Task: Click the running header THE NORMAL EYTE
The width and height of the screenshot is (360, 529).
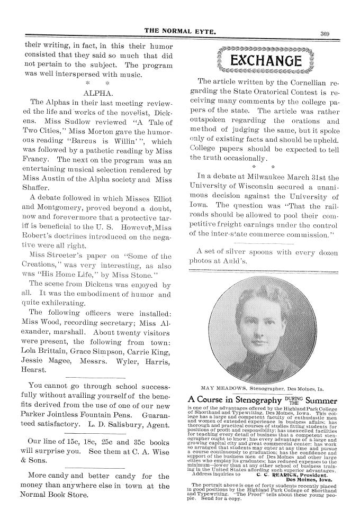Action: coord(183,33)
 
